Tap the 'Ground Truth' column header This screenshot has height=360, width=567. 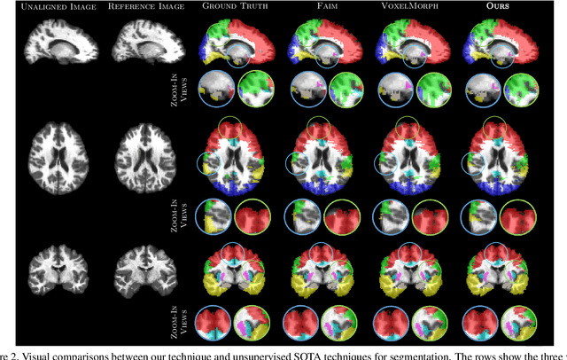[x=234, y=7]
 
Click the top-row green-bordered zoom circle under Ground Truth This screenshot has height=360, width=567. [x=256, y=90]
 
